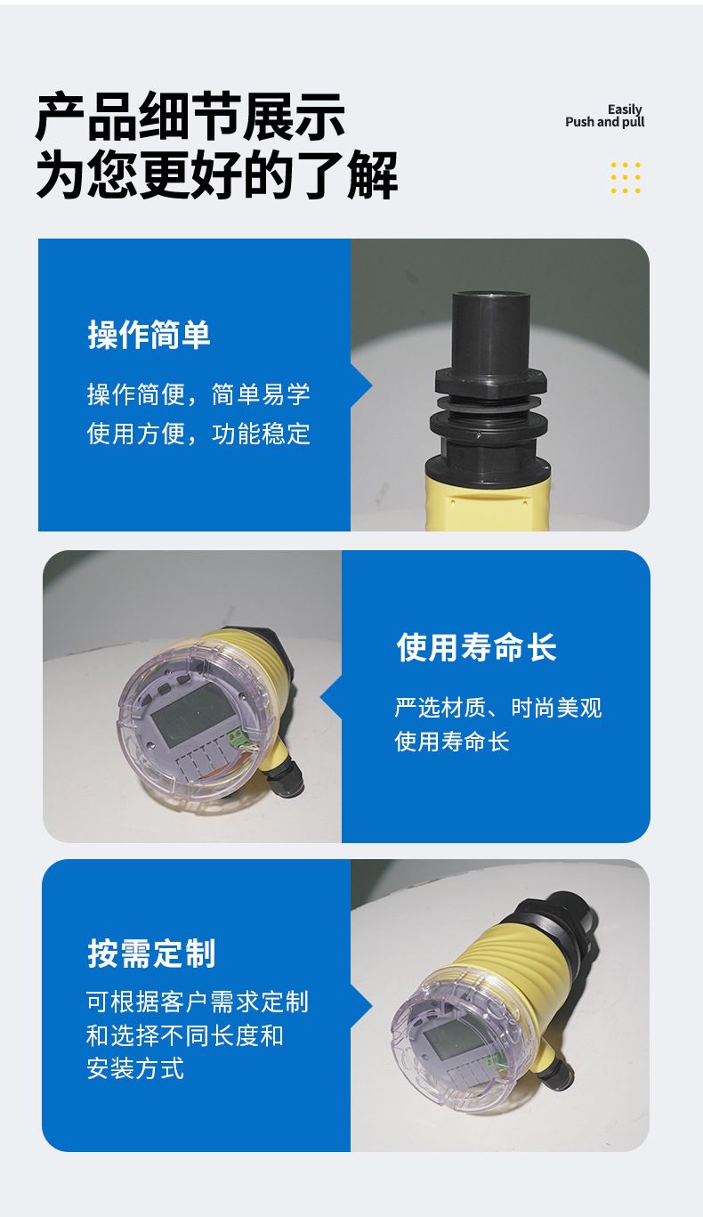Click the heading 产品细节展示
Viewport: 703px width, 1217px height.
click(x=190, y=117)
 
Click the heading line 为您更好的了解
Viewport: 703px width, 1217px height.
click(x=217, y=175)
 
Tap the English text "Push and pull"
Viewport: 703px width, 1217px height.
click(x=605, y=122)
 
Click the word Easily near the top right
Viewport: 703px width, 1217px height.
click(x=625, y=110)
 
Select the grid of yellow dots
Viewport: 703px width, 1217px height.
click(x=626, y=178)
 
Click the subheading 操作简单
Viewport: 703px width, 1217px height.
click(x=149, y=335)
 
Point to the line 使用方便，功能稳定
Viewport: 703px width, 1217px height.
click(x=198, y=434)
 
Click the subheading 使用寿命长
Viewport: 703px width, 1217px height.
click(x=477, y=647)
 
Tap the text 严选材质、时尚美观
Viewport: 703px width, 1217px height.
click(x=498, y=708)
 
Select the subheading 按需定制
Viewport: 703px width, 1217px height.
click(x=152, y=953)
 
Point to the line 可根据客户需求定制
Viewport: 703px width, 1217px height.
click(x=198, y=1002)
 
